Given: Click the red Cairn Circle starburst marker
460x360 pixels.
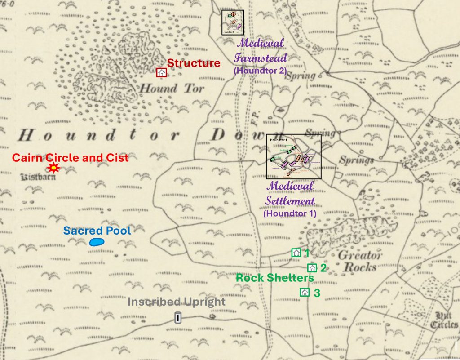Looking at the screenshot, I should [54, 169].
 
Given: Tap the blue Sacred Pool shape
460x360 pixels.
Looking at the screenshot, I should [97, 242].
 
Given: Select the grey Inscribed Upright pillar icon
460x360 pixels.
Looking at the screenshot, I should [177, 318].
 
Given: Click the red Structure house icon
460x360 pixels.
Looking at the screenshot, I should [162, 73].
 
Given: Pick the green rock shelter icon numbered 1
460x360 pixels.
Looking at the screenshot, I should [296, 253].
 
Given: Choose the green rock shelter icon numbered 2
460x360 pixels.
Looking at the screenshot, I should [312, 268].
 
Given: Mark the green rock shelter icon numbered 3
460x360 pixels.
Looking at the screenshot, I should [305, 292].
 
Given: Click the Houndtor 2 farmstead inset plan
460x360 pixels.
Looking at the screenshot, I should [233, 22].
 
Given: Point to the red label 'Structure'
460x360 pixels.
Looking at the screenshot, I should [194, 63].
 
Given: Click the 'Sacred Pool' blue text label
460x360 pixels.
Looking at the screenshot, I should [97, 231].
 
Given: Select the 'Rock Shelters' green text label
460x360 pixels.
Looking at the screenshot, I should [275, 278].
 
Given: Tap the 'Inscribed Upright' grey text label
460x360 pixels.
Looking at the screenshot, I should [176, 302].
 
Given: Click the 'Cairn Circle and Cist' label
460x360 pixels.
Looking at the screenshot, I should [70, 158].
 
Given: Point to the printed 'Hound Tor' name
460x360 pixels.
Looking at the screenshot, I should [171, 88].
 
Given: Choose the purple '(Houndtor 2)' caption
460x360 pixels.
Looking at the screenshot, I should [260, 71].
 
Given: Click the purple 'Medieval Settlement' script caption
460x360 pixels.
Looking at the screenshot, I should [290, 193].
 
